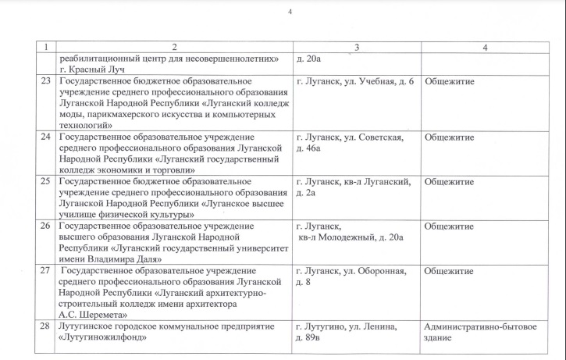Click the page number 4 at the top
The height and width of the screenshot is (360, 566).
(290, 12)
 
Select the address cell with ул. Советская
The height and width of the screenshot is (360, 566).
(350, 143)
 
